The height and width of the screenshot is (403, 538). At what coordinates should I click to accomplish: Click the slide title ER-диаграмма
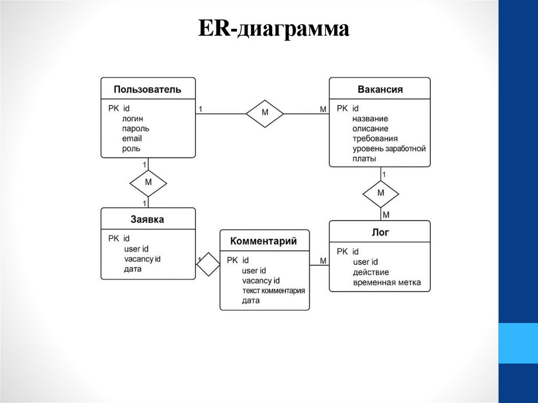(x=273, y=29)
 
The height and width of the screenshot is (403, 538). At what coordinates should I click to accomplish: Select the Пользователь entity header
(x=148, y=89)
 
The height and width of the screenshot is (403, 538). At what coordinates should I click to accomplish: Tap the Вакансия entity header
(x=380, y=89)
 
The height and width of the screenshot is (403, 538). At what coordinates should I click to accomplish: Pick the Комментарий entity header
(x=264, y=241)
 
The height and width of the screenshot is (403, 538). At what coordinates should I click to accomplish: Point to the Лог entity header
(x=380, y=232)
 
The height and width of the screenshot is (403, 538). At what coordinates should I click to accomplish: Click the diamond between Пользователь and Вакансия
(x=265, y=112)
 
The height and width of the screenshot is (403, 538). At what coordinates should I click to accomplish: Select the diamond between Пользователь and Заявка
(x=148, y=183)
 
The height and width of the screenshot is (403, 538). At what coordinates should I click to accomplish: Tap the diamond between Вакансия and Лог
(x=381, y=193)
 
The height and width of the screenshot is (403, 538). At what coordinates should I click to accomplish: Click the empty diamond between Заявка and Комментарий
(x=209, y=264)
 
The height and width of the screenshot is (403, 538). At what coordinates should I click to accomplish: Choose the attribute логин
(x=132, y=119)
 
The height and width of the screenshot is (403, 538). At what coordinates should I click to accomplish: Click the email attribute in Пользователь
(x=132, y=139)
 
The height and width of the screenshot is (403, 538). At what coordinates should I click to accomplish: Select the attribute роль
(x=131, y=149)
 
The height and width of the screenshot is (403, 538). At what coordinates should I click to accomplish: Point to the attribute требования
(x=375, y=139)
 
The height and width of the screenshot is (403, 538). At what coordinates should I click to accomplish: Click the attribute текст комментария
(x=273, y=291)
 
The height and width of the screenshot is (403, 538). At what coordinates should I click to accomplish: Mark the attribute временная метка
(x=387, y=283)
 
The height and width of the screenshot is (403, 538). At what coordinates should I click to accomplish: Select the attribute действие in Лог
(x=371, y=272)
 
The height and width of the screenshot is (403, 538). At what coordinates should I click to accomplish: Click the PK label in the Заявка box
(x=114, y=239)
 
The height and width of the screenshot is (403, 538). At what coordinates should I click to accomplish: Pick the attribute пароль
(x=136, y=129)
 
